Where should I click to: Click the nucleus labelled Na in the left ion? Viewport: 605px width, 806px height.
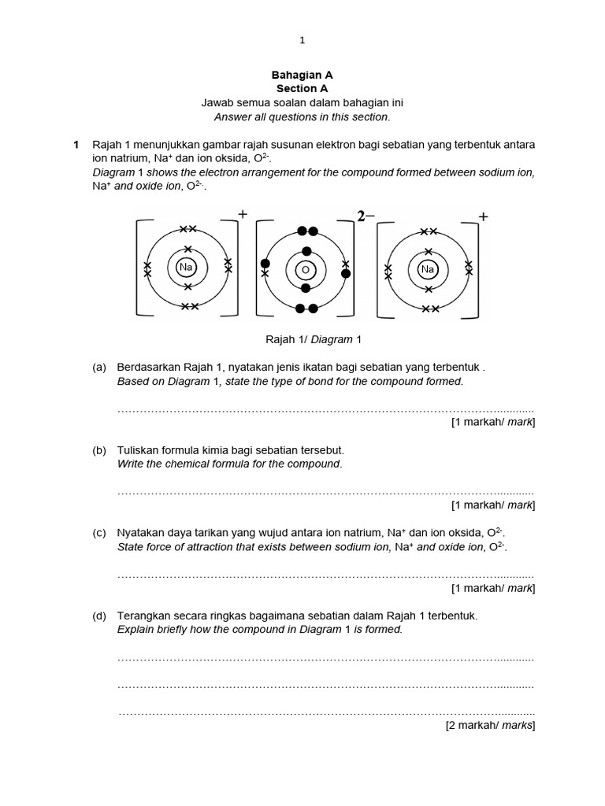[x=186, y=268]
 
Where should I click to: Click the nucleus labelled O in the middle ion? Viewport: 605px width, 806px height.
[x=305, y=270]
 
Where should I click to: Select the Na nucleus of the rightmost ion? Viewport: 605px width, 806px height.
[x=428, y=269]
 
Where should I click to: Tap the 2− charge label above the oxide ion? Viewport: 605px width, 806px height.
[x=366, y=216]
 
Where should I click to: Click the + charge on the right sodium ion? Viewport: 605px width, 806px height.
[x=483, y=216]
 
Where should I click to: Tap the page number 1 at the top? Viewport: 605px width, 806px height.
[x=302, y=40]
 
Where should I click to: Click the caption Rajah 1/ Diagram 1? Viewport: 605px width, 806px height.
[x=302, y=339]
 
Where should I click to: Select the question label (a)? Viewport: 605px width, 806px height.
[x=98, y=368]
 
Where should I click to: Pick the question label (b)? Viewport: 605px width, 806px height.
[x=98, y=450]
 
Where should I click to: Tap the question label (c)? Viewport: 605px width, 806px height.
[x=98, y=533]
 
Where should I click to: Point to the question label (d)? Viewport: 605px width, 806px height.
[x=98, y=616]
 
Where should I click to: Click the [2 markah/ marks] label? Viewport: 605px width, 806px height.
[x=490, y=725]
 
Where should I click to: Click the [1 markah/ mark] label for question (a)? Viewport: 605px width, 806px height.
[x=492, y=423]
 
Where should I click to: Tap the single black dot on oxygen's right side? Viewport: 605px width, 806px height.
[x=345, y=273]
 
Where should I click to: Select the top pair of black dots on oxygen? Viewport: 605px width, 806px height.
[x=307, y=231]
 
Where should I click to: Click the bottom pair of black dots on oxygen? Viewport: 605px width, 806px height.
[x=307, y=308]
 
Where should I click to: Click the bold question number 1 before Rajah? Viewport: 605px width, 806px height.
[x=76, y=145]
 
